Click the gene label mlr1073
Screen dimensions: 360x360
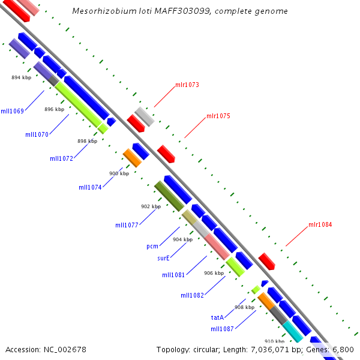pos(187,85)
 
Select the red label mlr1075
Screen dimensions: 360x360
pos(218,116)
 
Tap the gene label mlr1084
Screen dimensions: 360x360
pos(320,224)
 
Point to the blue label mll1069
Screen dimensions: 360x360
pos(13,111)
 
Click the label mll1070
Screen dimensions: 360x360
pos(37,134)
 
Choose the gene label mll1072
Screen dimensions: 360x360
pos(62,158)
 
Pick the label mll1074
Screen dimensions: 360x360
pos(90,187)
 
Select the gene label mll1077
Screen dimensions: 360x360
pos(127,225)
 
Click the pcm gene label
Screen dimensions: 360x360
pos(152,247)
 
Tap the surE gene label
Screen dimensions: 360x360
pos(163,258)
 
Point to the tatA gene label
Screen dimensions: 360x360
pos(217,317)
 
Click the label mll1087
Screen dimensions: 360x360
pos(222,329)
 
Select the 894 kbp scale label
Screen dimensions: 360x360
pos(22,77)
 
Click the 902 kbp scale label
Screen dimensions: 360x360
pos(151,206)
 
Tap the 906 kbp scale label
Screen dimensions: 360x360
pos(214,273)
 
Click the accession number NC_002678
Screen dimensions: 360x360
pos(65,350)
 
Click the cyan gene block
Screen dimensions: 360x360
pos(293,332)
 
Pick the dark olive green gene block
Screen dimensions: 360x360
pos(169,196)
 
